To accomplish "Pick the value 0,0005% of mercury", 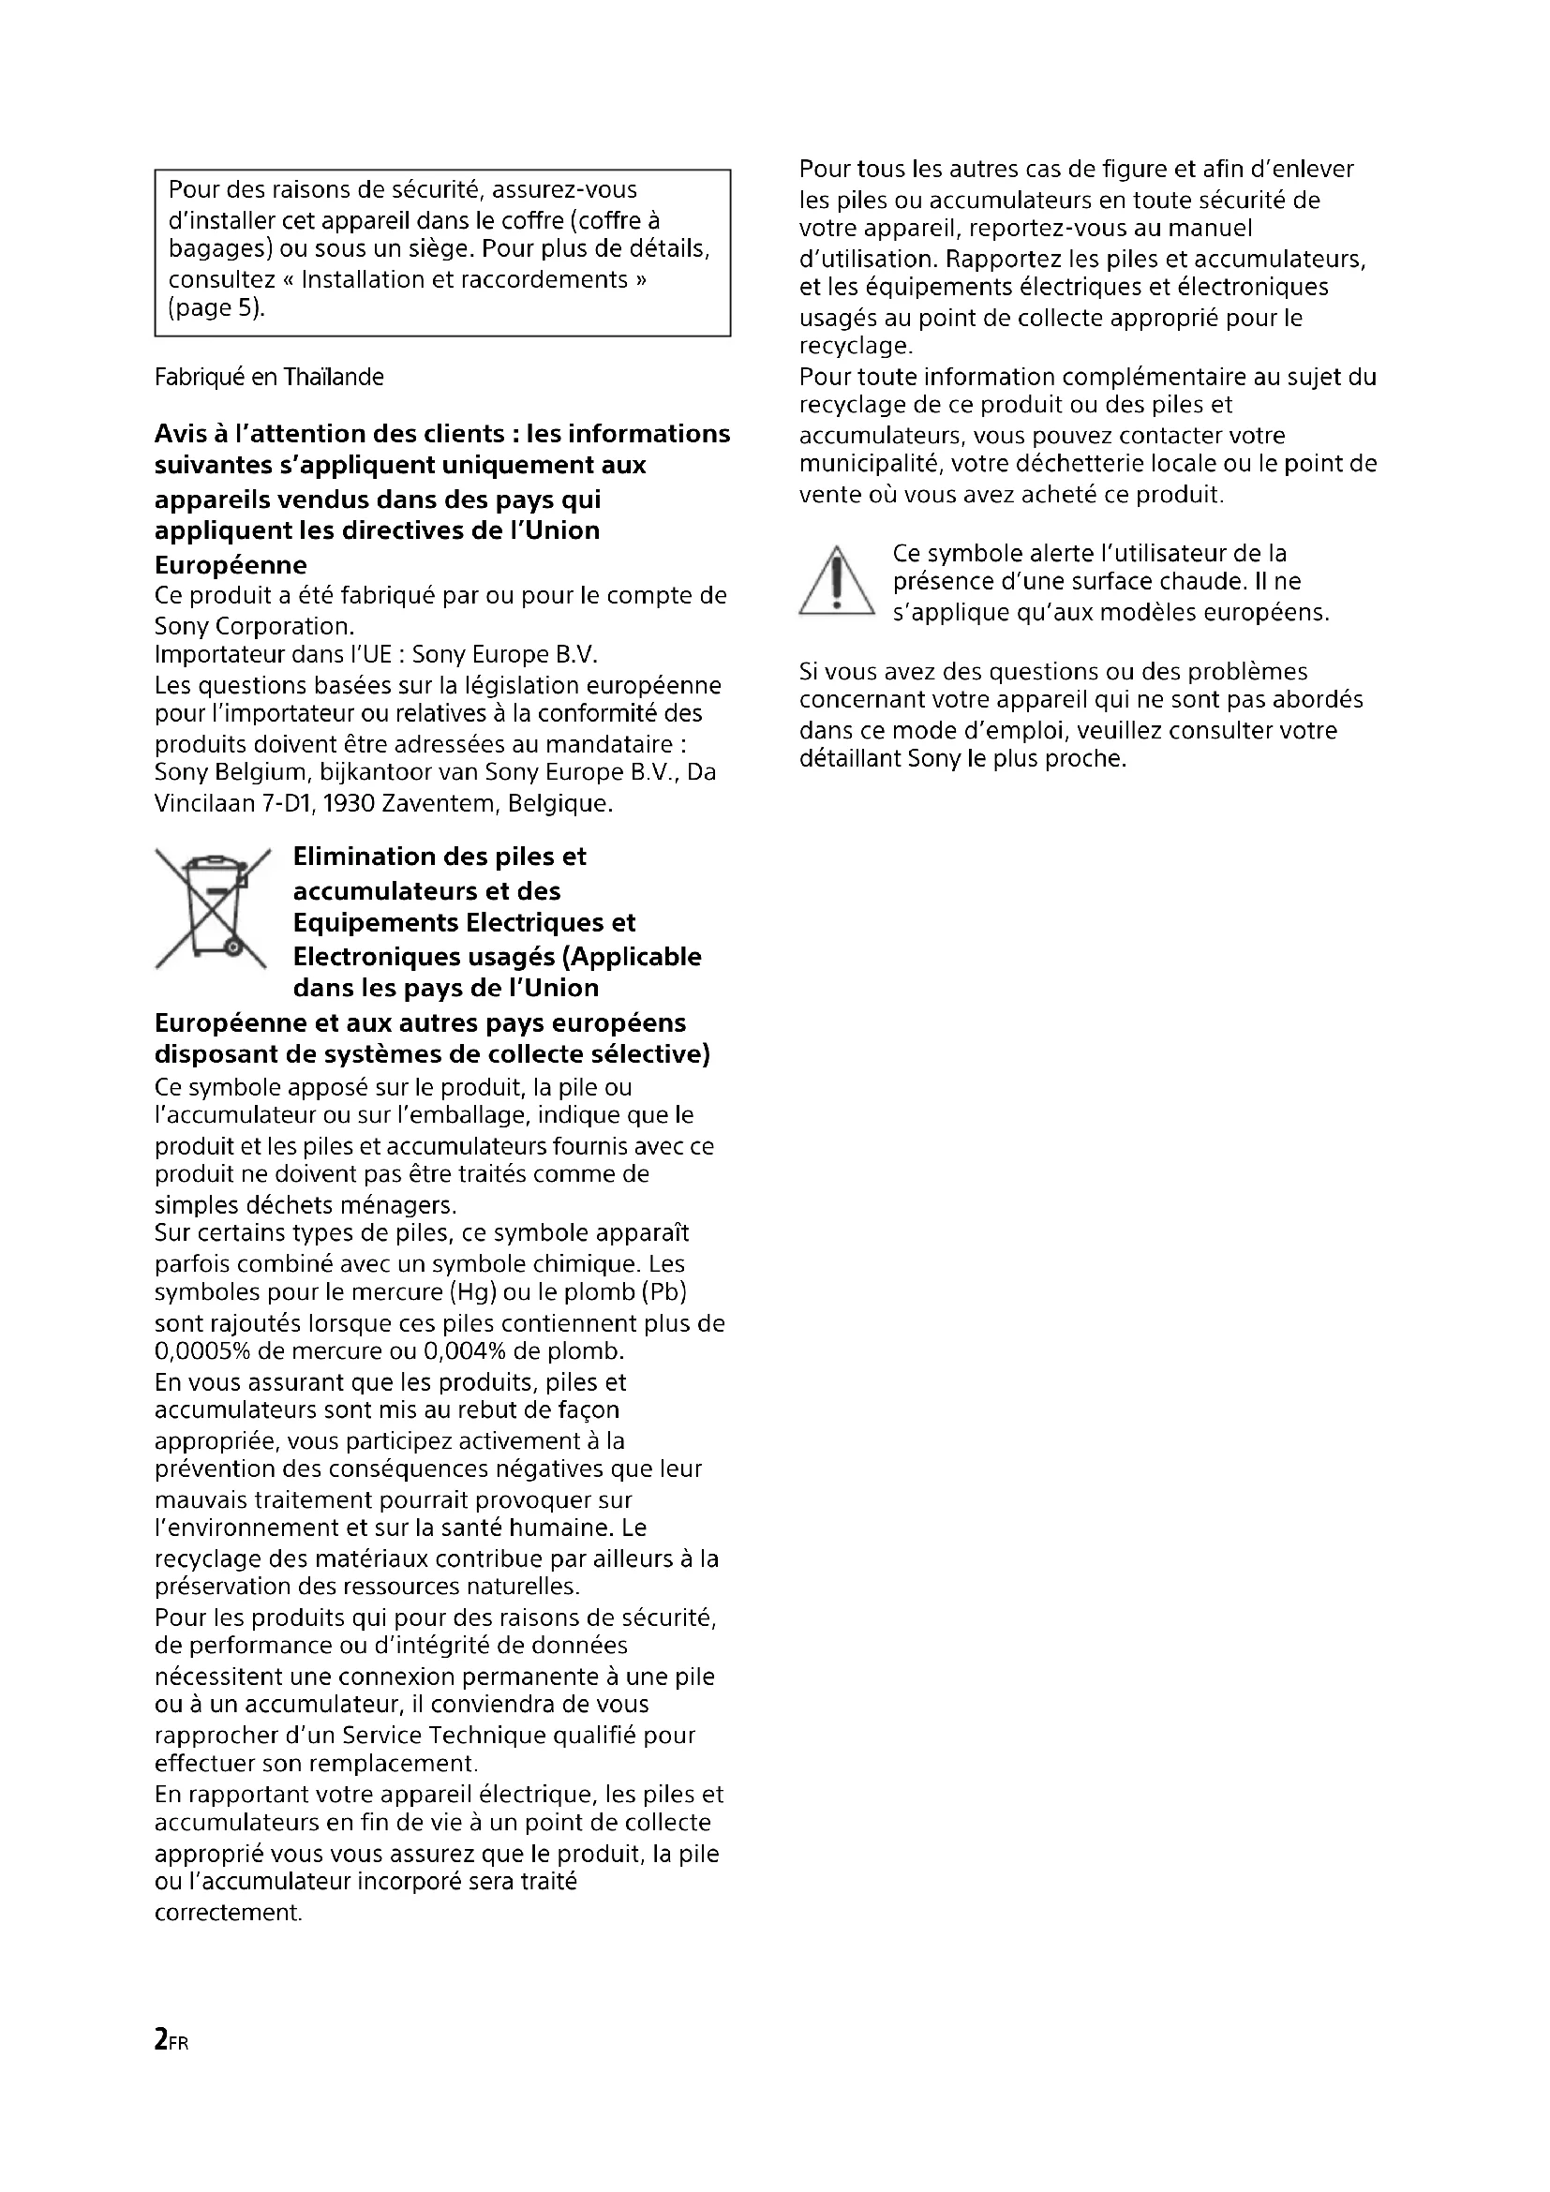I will coord(199,1351).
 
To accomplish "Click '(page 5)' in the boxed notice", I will coord(215,308).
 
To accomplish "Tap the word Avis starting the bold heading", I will coord(182,435).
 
